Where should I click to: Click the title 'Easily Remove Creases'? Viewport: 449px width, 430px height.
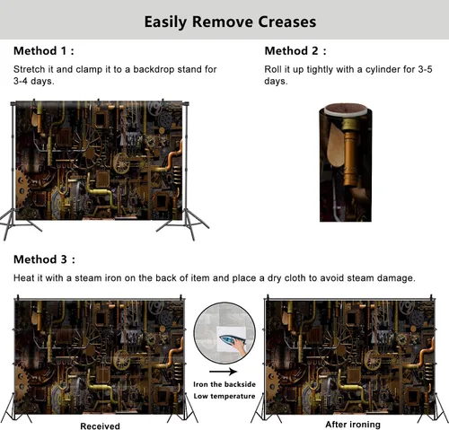[230, 22]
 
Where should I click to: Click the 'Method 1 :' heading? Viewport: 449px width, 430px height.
[44, 51]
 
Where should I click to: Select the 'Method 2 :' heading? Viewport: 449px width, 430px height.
[295, 51]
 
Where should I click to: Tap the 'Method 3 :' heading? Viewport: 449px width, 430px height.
[44, 259]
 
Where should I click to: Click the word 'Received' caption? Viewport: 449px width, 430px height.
[100, 426]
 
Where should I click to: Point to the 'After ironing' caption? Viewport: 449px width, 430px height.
[353, 425]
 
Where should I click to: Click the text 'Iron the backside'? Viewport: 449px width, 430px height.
[224, 384]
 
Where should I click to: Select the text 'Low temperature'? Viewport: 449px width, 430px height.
[224, 396]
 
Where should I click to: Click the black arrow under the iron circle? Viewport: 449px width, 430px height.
[223, 372]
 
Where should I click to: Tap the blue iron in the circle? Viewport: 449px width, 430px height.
[230, 339]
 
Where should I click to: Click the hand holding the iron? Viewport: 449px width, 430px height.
[240, 346]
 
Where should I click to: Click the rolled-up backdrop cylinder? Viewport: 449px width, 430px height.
[346, 163]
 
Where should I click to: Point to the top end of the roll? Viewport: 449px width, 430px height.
[346, 109]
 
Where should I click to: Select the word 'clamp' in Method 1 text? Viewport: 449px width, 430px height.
[89, 69]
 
